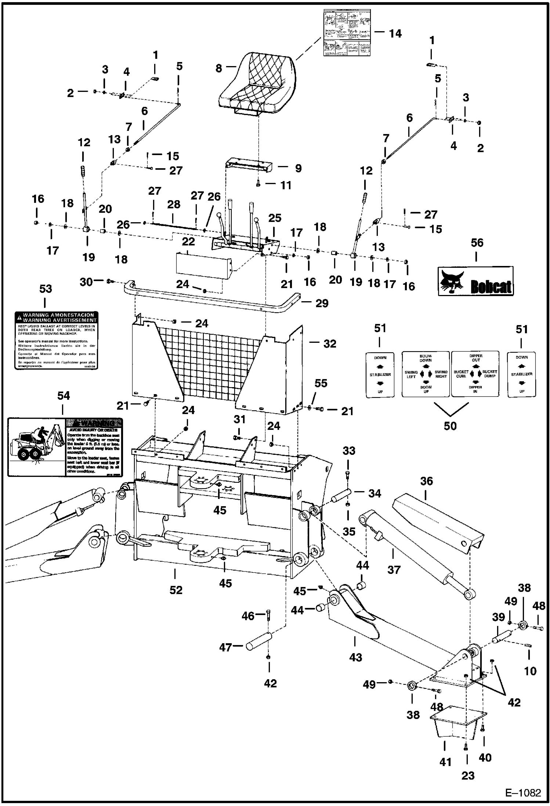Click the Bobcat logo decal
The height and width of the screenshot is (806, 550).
pos(476,282)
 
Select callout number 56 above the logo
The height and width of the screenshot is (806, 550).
pos(477,243)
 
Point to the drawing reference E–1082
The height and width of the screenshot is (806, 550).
pos(523,793)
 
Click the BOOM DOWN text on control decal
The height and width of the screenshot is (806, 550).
pos(426,358)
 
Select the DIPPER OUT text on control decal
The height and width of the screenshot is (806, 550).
pos(475,358)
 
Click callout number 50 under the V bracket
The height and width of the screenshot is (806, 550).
pos(450,426)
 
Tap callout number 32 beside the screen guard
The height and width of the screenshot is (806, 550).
pos(329,343)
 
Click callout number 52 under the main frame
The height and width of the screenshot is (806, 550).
pos(176,590)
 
